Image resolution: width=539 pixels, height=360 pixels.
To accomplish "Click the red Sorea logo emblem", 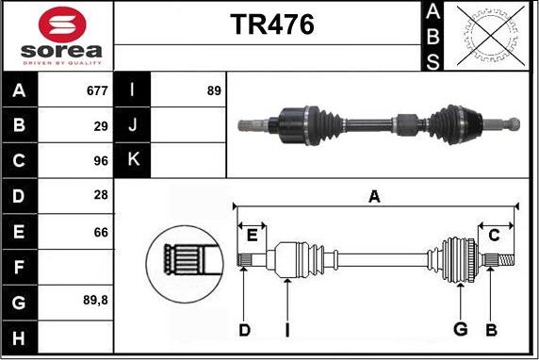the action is [x=62, y=25].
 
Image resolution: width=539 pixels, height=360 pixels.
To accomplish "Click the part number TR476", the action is [x=272, y=25].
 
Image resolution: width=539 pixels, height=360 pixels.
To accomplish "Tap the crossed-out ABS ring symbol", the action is [x=491, y=36].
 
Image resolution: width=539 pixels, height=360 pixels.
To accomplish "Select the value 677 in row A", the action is [x=97, y=90].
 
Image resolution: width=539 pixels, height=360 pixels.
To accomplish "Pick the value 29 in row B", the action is [x=101, y=126].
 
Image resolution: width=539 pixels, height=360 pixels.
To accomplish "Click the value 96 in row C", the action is [x=101, y=161].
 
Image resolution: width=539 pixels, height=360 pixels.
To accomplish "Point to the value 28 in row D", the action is [x=101, y=195].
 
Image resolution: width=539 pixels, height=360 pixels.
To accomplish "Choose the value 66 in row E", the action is [x=101, y=232].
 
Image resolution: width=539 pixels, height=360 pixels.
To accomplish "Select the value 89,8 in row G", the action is [x=95, y=301].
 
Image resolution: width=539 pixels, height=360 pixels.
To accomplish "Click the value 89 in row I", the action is [x=214, y=90].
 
